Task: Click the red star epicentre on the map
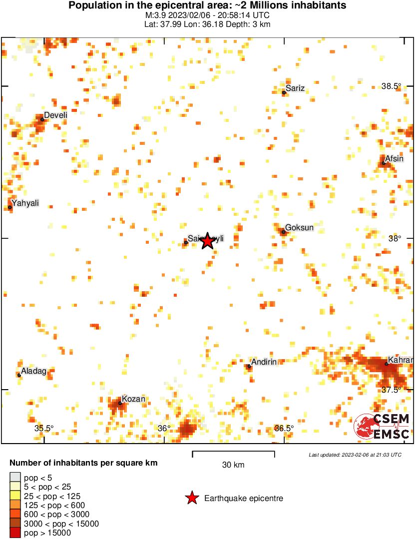[x=208, y=241]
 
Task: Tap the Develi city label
[x=55, y=115]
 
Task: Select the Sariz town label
[x=295, y=88]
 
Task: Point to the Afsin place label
[x=394, y=159]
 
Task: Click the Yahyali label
[x=25, y=203]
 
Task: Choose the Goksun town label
[x=299, y=228]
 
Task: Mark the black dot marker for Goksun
[x=283, y=232]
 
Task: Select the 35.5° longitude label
[x=44, y=428]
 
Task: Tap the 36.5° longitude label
[x=284, y=428]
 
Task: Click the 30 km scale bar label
[x=233, y=465]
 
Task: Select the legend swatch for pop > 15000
[x=15, y=533]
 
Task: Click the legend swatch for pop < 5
[x=15, y=478]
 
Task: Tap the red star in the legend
[x=191, y=498]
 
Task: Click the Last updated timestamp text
[x=355, y=455]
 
